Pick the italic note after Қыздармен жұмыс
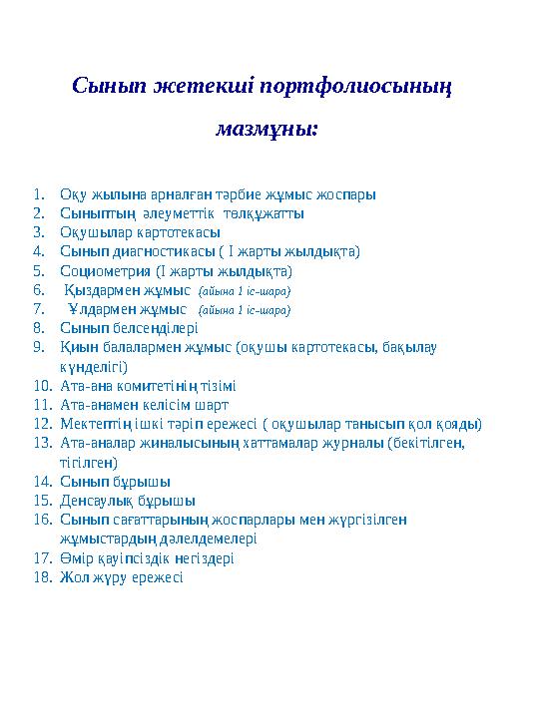[x=245, y=291]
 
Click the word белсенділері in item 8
[x=157, y=328]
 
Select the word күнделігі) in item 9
[x=93, y=366]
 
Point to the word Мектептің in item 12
[x=96, y=424]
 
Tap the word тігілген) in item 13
[x=89, y=462]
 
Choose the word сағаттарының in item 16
[x=164, y=520]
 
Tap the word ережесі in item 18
[x=156, y=577]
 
